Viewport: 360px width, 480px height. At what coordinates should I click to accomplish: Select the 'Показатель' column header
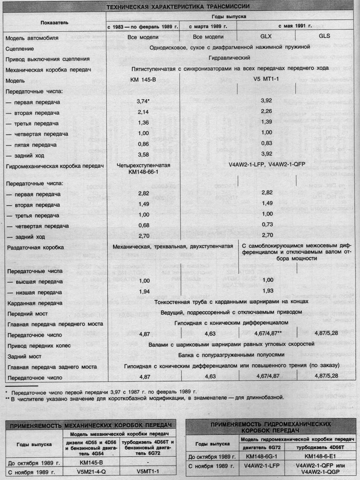pos(54,22)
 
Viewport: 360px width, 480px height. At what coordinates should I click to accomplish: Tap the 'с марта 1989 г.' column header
pos(208,26)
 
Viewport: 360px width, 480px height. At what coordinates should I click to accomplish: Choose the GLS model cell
pos(324,36)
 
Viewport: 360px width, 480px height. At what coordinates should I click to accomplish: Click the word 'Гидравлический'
pos(229,58)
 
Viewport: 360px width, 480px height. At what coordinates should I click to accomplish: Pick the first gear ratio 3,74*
pos(143,101)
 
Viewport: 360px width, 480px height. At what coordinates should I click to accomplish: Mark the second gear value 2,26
pos(266,111)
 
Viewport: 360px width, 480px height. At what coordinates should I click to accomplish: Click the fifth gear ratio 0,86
pos(143,144)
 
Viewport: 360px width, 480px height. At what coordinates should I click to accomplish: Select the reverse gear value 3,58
pos(143,155)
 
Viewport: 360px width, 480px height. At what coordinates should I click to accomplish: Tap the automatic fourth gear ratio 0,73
pos(267,224)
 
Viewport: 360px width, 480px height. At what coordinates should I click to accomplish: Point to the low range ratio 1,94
pos(144,292)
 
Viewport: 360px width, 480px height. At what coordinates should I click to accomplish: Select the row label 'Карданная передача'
pos(35,303)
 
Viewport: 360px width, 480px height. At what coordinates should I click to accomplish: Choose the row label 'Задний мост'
pos(24,356)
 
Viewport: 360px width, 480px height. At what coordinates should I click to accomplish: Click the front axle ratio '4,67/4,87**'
pos(268,333)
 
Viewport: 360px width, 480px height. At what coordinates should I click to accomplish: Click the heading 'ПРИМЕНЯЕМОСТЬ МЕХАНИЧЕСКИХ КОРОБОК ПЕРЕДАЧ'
pos(91,426)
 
